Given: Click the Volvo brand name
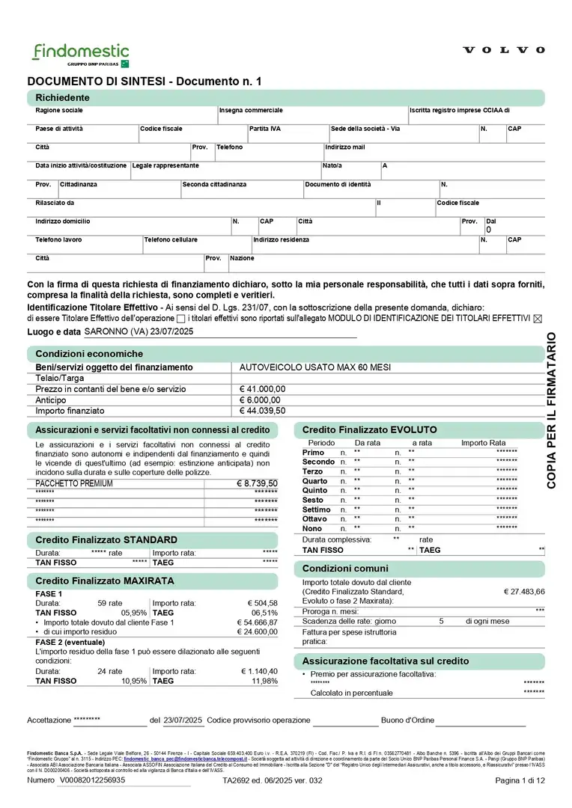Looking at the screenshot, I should [504, 50].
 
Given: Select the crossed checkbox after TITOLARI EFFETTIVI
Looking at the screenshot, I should [536, 318].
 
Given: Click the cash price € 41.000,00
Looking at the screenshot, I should [262, 389].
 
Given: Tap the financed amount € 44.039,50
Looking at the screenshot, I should [262, 411].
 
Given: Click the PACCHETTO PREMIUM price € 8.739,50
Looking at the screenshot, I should [257, 484].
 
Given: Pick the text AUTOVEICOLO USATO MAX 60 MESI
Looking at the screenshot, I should [315, 367].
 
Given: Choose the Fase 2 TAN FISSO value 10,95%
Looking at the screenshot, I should [134, 681].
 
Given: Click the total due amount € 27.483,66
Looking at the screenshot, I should [523, 591].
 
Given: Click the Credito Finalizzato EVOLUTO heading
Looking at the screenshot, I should [369, 430].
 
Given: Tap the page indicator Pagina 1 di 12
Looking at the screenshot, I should [520, 780].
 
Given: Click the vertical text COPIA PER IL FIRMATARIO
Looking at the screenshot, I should [552, 410].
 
